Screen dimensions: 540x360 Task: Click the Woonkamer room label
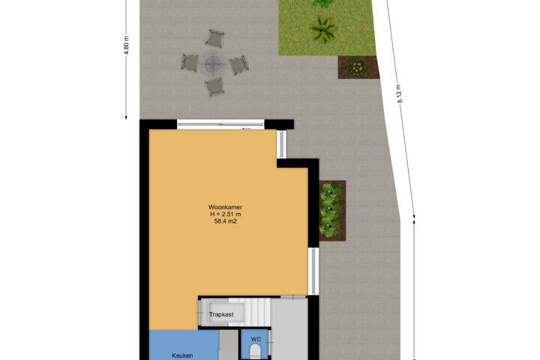click(x=225, y=208)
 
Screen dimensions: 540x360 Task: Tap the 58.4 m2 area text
click(x=225, y=221)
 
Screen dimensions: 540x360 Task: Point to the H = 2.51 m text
click(x=225, y=214)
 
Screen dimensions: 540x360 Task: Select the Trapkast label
click(x=221, y=314)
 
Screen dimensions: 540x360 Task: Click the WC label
click(x=256, y=339)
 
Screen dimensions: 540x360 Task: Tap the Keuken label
click(x=182, y=355)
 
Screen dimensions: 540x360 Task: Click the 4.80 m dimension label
click(x=127, y=45)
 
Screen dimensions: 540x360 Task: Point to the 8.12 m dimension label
click(x=400, y=93)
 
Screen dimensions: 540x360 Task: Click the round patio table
click(x=213, y=63)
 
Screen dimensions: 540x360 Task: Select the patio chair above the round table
click(x=215, y=38)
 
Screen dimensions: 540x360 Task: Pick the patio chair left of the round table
click(x=190, y=63)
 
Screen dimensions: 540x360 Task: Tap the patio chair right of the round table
click(x=238, y=65)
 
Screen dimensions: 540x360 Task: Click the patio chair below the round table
click(x=214, y=86)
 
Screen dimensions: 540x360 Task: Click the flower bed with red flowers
click(x=358, y=67)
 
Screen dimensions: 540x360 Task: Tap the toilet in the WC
click(x=255, y=352)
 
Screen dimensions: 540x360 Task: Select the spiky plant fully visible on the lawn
click(x=324, y=29)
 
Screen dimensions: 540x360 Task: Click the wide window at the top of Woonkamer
click(x=220, y=124)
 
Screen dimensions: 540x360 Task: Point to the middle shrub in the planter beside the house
click(x=330, y=210)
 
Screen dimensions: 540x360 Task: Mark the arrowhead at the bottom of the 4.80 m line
click(x=126, y=117)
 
